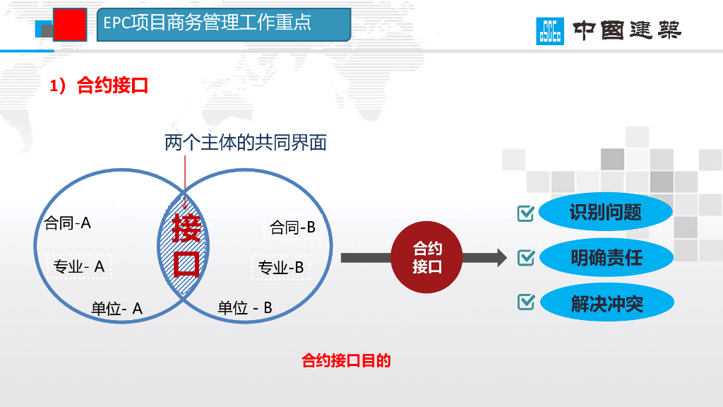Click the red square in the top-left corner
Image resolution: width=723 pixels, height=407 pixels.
pos(70,25)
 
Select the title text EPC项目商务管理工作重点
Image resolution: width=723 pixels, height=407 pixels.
pos(207,23)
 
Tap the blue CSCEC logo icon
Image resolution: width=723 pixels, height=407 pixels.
pos(550,30)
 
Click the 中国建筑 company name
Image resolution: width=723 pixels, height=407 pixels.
pos(627,31)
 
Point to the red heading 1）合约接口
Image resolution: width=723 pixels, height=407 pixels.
pos(98,86)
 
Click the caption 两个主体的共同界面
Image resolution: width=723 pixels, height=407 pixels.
pos(246,143)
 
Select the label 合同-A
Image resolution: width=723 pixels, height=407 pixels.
pos(68,223)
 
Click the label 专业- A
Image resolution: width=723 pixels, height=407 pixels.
pos(80,266)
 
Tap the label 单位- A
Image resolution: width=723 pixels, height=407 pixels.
pos(117,309)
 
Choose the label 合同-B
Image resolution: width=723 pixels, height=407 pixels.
pos(293,228)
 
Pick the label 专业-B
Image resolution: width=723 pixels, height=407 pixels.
pos(281,268)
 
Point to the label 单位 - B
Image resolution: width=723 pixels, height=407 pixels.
pos(245,308)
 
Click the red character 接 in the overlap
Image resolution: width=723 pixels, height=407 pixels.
pos(187,228)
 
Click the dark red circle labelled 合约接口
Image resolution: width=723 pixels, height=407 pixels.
pos(427,257)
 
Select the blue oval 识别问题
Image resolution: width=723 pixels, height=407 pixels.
pos(605,212)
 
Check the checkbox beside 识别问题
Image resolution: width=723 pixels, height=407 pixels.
pos(526,213)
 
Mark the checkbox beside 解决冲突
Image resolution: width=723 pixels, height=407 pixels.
pos(526,302)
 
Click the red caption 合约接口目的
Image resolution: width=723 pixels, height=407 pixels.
pos(346,361)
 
